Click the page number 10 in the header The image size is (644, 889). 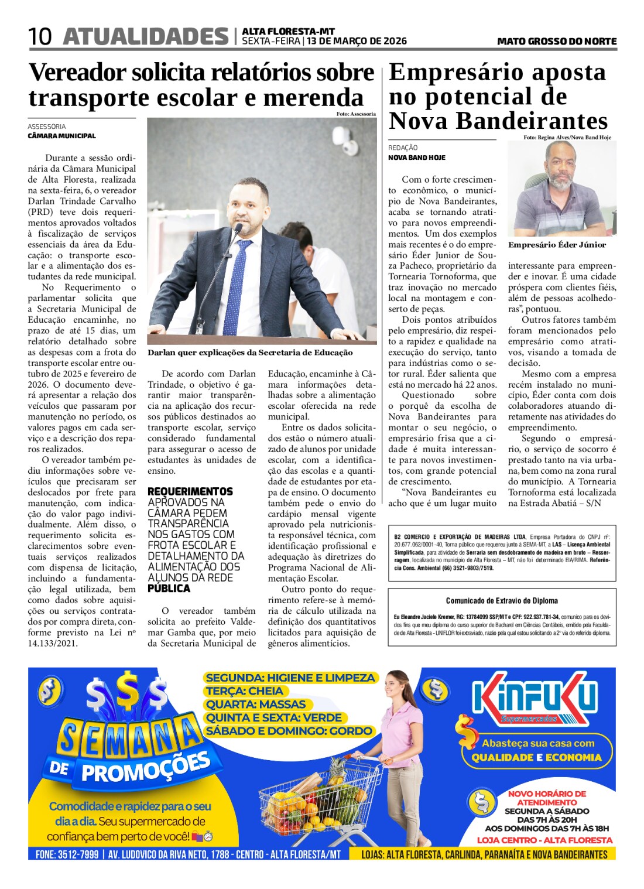[x=40, y=37]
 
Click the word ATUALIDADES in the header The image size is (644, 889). [x=146, y=37]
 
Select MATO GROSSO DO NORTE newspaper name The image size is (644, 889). [x=557, y=41]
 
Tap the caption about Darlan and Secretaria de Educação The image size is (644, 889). [x=250, y=353]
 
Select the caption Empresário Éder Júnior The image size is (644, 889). [x=557, y=245]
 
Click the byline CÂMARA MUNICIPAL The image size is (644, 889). [x=61, y=136]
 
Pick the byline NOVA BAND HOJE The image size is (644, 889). [x=417, y=158]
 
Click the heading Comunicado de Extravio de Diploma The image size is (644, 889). [x=502, y=600]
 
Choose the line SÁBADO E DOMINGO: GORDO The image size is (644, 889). [x=289, y=731]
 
